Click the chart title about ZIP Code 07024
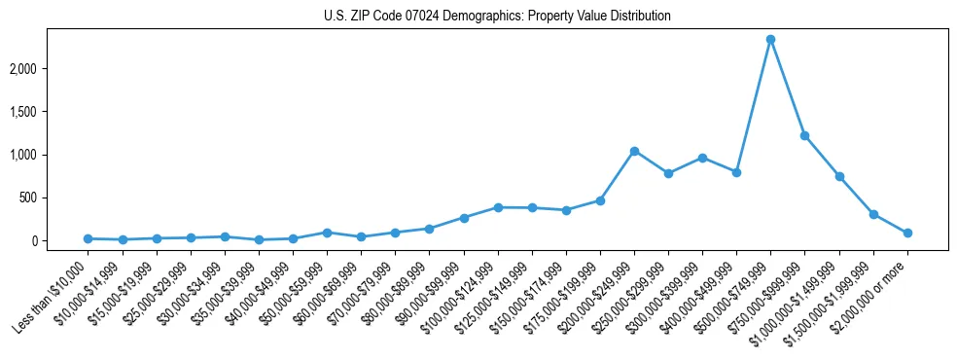[497, 17]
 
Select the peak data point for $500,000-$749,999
[770, 39]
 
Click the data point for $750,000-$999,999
[804, 135]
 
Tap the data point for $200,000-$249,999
[634, 151]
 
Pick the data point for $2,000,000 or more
[907, 233]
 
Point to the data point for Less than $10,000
[89, 238]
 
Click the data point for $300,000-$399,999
[702, 158]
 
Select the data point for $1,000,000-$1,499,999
[838, 176]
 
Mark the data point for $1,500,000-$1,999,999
[873, 214]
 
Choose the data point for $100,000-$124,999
[498, 207]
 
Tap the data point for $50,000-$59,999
[327, 233]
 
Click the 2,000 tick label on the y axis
[51, 69]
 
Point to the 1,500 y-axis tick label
[51, 112]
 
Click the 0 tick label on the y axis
[61, 240]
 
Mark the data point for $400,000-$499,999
[736, 172]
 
